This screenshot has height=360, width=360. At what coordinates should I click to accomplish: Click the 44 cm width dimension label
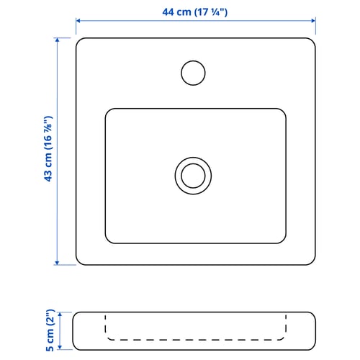tap(194, 12)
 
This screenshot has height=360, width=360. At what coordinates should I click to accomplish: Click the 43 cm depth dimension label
tap(48, 149)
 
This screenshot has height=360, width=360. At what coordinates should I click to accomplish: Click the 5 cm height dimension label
tap(50, 330)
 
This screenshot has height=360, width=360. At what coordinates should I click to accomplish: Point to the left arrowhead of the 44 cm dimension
tap(78, 21)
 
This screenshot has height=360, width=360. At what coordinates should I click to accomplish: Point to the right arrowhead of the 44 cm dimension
tap(313, 21)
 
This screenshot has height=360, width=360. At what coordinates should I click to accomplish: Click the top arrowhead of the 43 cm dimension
tap(57, 40)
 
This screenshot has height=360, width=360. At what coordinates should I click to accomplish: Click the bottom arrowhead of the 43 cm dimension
tap(57, 263)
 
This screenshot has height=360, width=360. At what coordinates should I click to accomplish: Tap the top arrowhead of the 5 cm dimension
tap(60, 315)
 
